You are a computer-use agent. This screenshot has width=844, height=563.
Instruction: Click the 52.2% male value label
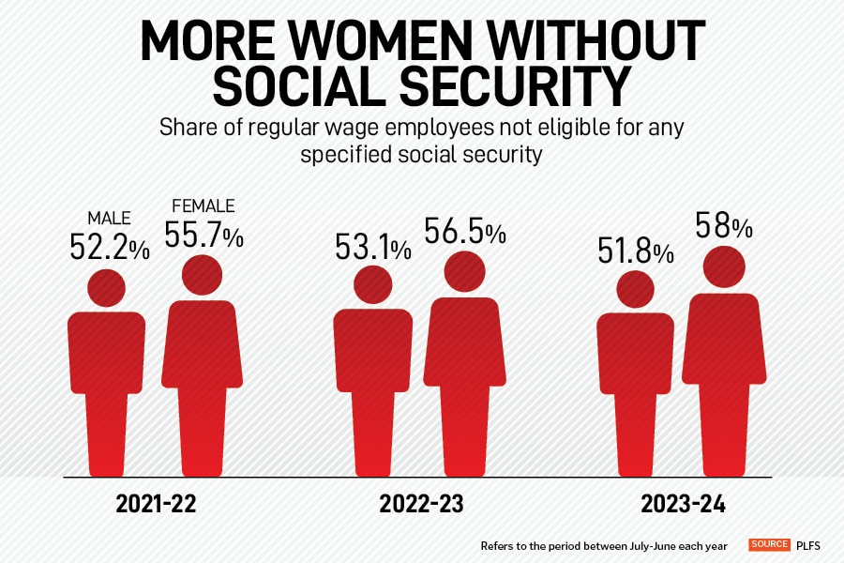coord(109,247)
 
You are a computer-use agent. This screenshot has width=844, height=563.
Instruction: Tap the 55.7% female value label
coord(203,235)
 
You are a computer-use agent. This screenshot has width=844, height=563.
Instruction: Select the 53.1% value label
coord(372,248)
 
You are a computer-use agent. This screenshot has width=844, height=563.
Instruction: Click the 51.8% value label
coord(636,251)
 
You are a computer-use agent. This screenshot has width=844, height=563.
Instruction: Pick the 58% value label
coord(723,226)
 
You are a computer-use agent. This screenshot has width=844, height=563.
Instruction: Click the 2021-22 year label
coord(157,504)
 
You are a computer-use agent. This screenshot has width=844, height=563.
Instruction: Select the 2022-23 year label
coord(421,504)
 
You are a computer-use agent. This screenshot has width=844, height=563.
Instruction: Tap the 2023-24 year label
coord(684,504)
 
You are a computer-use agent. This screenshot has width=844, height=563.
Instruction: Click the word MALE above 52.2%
coord(109,219)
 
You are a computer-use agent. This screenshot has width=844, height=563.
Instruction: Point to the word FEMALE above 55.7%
coord(203,206)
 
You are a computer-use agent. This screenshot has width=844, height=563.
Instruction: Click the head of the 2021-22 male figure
coord(107,286)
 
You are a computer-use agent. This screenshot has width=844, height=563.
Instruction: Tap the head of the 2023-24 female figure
coord(724,266)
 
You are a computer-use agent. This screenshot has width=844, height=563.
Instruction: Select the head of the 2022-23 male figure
coord(372,284)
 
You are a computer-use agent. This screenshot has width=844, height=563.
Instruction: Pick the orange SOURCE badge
coord(767,544)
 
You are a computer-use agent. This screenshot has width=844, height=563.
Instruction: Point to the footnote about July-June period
coord(606,545)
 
